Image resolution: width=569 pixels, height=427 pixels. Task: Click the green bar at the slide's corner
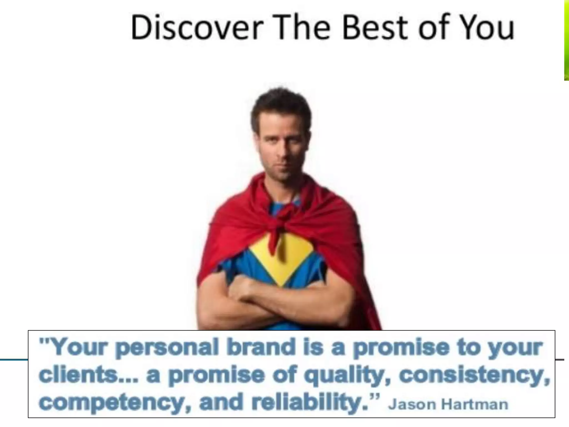[566, 40]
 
